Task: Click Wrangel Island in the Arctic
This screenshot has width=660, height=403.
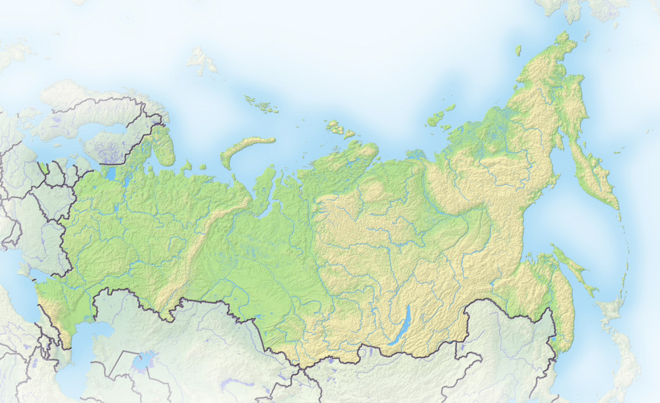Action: (518, 50)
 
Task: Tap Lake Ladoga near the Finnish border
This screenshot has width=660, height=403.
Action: (109, 174)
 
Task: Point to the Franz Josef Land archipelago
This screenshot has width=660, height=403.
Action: (257, 102)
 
